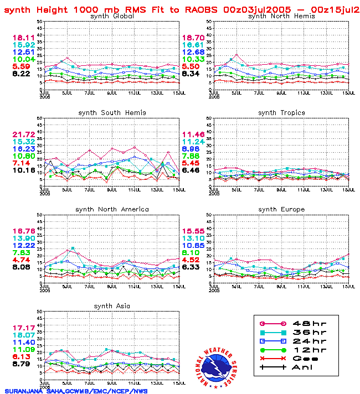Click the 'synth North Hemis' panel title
point(281,16)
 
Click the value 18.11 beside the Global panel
point(24,38)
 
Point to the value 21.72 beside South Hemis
point(24,135)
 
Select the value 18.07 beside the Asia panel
point(24,335)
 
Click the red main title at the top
point(181,9)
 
